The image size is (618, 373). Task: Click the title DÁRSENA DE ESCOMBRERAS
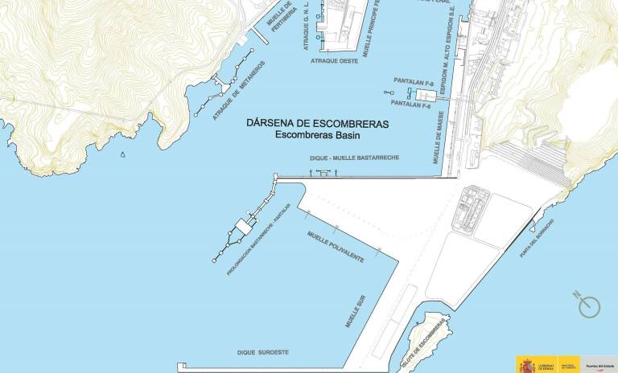317,125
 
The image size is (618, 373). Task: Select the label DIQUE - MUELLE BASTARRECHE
354,159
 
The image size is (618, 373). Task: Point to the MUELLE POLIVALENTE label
336,247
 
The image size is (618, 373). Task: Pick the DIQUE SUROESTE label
262,352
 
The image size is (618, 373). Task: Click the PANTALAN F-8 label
414,81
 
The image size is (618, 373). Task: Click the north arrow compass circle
590,305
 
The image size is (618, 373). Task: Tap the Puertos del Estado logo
600,363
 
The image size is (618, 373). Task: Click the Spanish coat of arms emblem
526,364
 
